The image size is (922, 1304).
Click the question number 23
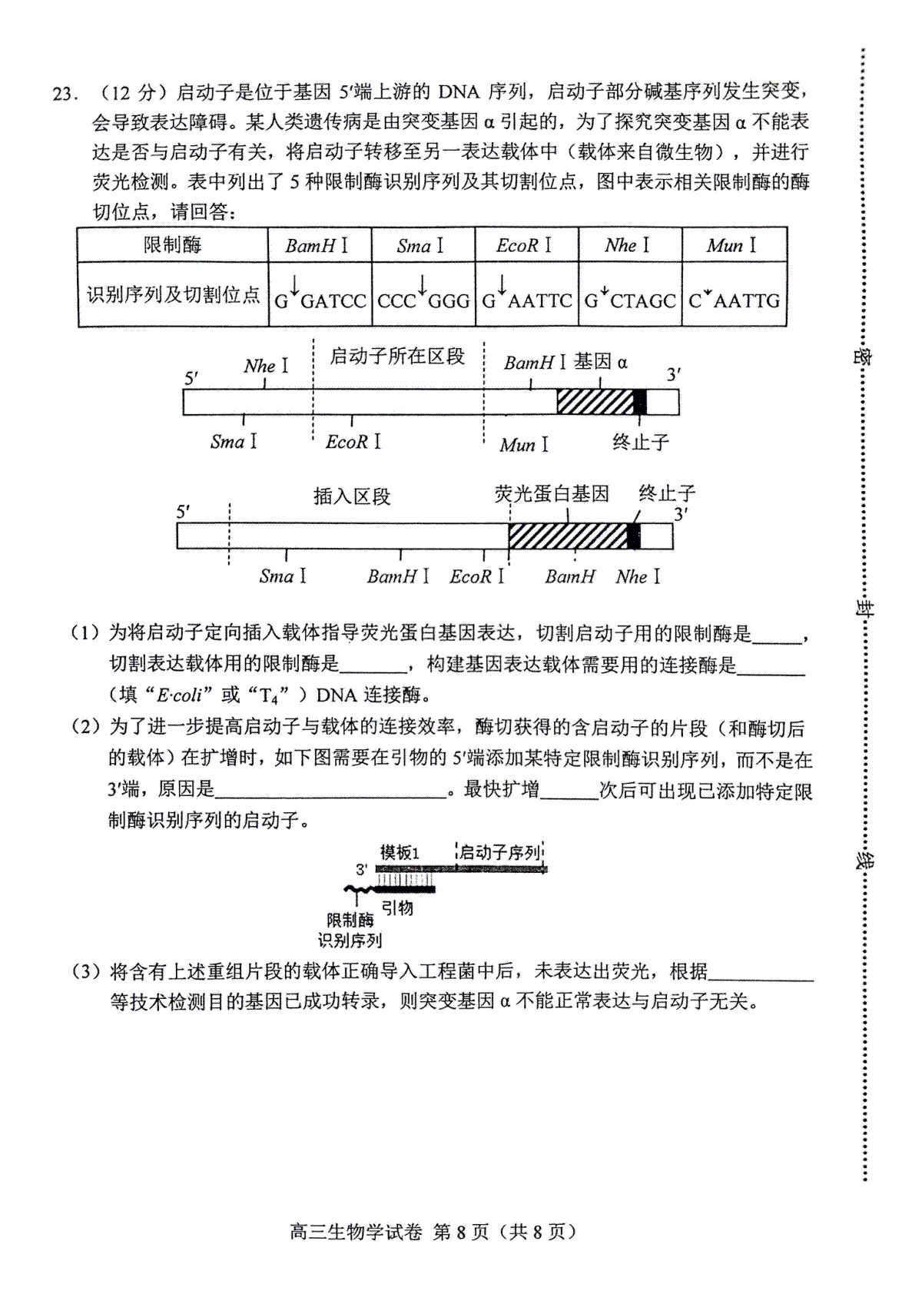pos(65,94)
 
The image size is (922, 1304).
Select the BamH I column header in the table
pos(317,245)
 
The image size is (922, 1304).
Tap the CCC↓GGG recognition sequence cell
pos(423,294)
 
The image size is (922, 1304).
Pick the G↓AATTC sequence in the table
pos(527,294)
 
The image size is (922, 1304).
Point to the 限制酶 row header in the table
pos(172,245)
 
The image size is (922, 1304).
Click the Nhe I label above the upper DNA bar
pos(266,366)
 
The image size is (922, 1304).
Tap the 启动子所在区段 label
pos(397,356)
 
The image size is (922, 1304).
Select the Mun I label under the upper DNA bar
pos(524,445)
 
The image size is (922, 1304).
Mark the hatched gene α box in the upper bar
pos(595,402)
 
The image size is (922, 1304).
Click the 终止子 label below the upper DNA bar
pos(640,443)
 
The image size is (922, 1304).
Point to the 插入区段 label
pos(352,496)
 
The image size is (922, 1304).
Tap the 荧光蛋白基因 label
pos(552,493)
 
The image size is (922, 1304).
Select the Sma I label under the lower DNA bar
pos(283,576)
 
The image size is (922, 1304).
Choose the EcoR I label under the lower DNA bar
pos(477,576)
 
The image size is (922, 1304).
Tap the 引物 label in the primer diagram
pos(397,907)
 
